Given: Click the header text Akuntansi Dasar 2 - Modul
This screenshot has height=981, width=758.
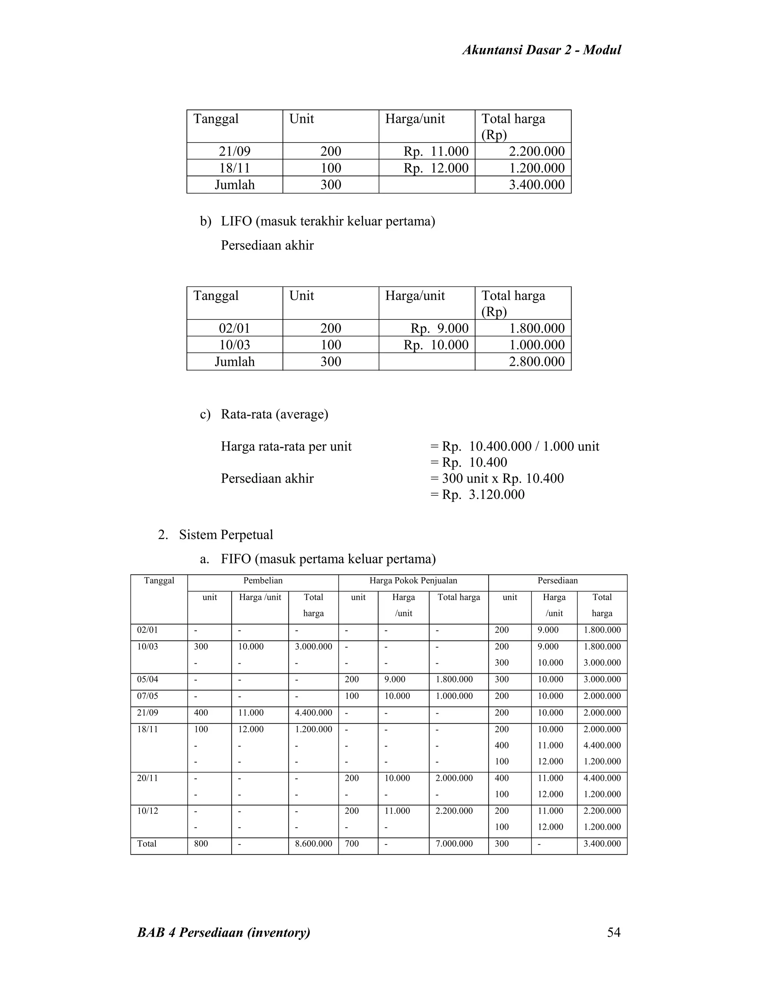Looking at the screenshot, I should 541,50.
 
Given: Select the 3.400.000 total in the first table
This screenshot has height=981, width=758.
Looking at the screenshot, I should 537,185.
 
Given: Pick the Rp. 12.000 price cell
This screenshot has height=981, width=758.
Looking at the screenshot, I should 436,168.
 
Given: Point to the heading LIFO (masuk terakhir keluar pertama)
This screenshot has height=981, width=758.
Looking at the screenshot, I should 328,221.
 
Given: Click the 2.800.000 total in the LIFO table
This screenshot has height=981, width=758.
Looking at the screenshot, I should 537,362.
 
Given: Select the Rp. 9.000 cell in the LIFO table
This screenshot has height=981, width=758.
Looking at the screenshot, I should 439,328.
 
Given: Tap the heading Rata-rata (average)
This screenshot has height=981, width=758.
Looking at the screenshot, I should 274,414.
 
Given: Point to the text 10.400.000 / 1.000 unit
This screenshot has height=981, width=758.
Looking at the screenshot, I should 534,446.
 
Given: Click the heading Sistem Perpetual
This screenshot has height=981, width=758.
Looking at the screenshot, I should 226,535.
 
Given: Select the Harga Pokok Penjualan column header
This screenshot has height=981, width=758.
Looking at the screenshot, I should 413,581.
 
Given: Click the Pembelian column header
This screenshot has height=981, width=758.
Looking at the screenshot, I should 263,581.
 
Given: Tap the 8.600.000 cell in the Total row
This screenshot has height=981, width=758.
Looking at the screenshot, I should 313,844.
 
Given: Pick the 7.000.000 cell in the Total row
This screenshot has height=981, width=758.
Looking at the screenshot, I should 454,844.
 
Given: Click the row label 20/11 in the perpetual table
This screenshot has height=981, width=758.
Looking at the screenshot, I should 147,779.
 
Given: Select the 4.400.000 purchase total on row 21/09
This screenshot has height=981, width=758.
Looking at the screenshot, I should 313,713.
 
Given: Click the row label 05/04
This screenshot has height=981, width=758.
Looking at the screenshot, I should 147,680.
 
